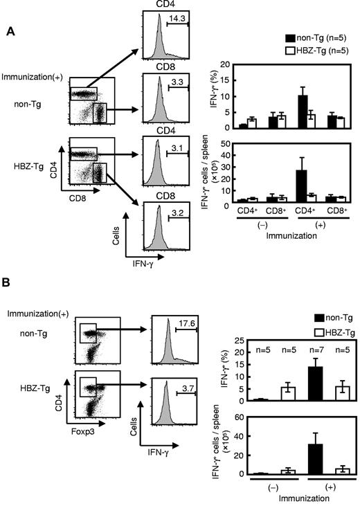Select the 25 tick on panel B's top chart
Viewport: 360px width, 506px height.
(228, 341)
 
